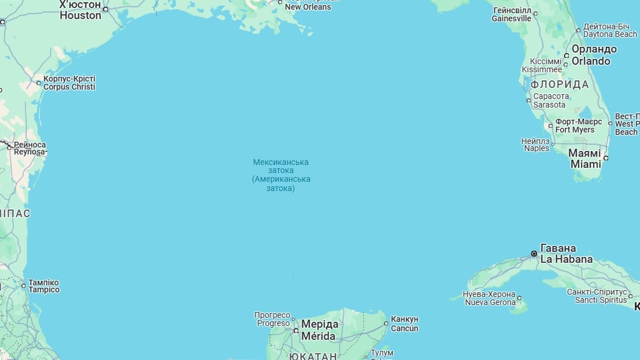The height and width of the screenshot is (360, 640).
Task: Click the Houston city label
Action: pyautogui.click(x=80, y=10)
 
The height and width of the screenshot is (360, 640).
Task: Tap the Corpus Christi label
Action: pyautogui.click(x=69, y=82)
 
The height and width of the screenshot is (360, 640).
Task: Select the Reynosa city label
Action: pyautogui.click(x=30, y=149)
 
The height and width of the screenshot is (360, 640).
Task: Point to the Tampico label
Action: pyautogui.click(x=44, y=286)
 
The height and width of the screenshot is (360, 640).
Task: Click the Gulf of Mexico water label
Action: pyautogui.click(x=281, y=175)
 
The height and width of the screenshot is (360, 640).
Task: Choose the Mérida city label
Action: pyautogui.click(x=319, y=330)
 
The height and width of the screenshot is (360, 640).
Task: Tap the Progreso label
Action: pyautogui.click(x=273, y=319)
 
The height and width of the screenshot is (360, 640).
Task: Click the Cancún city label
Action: pyautogui.click(x=405, y=324)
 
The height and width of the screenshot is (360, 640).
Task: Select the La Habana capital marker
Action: pyautogui.click(x=534, y=254)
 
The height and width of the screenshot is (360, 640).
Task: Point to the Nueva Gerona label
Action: pyautogui.click(x=490, y=298)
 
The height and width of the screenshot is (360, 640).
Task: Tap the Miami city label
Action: pyautogui.click(x=585, y=159)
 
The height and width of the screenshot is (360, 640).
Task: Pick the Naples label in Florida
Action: pyautogui.click(x=536, y=144)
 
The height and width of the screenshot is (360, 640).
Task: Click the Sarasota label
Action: pyautogui.click(x=550, y=100)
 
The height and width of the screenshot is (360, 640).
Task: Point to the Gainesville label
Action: pyautogui.click(x=511, y=14)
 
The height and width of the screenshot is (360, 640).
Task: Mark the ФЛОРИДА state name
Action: pyautogui.click(x=559, y=84)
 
